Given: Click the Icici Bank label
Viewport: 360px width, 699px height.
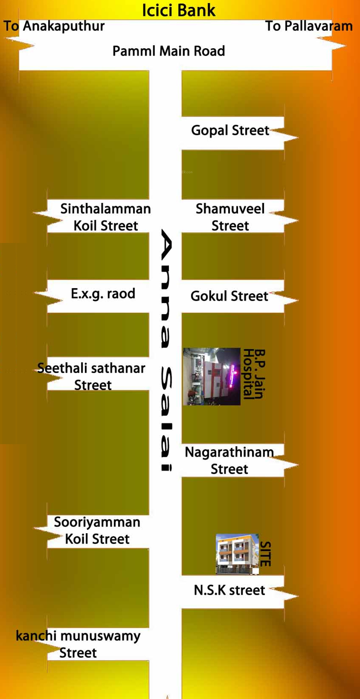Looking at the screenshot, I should coord(179,10).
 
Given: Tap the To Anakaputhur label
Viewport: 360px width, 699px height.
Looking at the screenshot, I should coord(54,26).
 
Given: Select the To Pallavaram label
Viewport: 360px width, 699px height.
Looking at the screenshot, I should coord(309,26).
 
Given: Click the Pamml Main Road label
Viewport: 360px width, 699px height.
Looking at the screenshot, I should coord(168,51).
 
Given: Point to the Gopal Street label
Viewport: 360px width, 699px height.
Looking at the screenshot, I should coord(230,130).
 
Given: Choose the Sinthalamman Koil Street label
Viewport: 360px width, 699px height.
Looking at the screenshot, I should coord(105,217).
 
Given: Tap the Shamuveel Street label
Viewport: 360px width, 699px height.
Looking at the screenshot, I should coord(230,217).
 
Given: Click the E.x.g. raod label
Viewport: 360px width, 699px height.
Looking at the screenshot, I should coord(103,294).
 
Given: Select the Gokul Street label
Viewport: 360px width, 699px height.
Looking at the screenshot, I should coord(229,296).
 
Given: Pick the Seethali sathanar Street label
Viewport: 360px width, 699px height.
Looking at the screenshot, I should coord(92,376).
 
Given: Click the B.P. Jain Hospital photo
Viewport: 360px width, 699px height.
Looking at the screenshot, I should coord(212,376).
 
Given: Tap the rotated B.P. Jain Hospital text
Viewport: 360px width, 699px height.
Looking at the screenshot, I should coord(254,374).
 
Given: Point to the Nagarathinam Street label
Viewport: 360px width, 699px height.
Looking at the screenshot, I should coord(229,460).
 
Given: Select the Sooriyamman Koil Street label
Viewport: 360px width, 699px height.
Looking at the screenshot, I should coord(97,530).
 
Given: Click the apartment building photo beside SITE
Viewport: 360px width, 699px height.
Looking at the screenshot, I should coord(237,554).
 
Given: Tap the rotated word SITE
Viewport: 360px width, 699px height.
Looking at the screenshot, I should coord(265,554).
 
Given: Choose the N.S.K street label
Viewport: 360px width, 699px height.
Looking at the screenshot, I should coord(229,590).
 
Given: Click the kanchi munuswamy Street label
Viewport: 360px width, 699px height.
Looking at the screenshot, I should coord(78,644).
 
